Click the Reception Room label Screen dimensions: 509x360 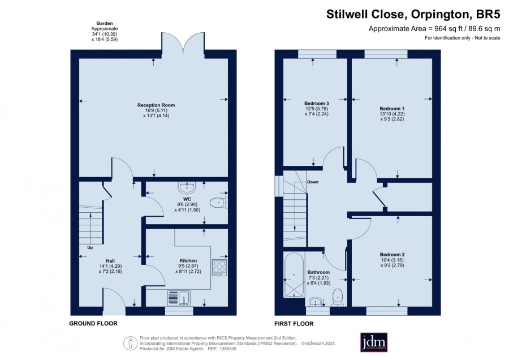click(156, 105)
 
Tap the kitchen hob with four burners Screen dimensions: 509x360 click(219, 267)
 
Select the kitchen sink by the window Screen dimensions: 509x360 click(179, 298)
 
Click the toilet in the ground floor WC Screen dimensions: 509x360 click(218, 203)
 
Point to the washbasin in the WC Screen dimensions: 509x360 click(187, 187)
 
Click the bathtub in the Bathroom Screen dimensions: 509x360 click(294, 275)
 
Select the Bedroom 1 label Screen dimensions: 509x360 click(392, 109)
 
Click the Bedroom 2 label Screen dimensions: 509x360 click(392, 254)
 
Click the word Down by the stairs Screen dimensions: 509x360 click(313, 182)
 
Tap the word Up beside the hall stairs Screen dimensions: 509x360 click(90, 247)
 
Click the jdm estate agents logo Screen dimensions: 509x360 click(374, 342)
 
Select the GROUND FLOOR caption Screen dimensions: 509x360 click(93, 323)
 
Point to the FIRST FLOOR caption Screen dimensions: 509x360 click(294, 324)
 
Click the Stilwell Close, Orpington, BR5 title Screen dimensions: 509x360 click(413, 14)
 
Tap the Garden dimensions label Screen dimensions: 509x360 click(105, 31)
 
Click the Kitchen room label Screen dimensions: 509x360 click(188, 260)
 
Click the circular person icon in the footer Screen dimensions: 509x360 click(131, 344)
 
